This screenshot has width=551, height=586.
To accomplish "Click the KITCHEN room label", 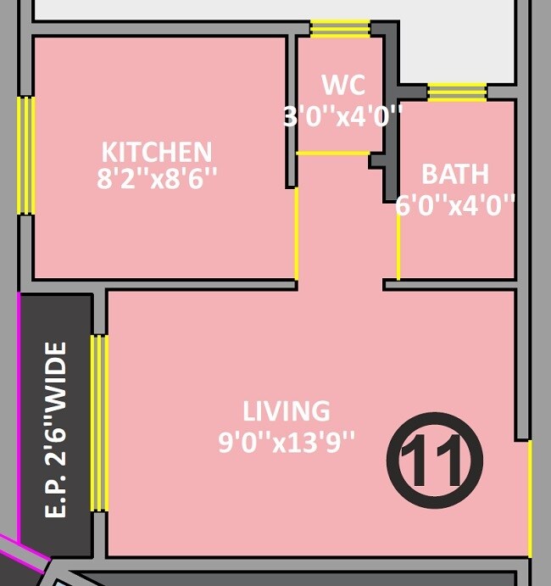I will point(157,152).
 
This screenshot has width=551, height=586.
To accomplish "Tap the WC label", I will point(343,85).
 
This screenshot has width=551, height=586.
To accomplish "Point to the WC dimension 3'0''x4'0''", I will point(342,115).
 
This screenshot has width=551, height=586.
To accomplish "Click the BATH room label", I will point(455,174).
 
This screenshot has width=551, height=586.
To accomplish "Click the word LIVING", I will point(286,411).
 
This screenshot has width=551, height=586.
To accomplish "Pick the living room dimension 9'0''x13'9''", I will point(287,443).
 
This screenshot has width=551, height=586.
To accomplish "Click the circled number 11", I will point(434,460).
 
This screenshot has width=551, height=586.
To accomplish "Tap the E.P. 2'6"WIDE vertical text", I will point(56,430).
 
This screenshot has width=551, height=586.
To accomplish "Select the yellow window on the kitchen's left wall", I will point(27,155).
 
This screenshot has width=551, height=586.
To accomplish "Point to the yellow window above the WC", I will point(340,30).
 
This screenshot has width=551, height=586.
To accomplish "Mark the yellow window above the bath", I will point(457,92).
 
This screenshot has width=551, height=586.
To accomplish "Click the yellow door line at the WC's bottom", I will point(333,153).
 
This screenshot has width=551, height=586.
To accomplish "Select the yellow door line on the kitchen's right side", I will point(296,233).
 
